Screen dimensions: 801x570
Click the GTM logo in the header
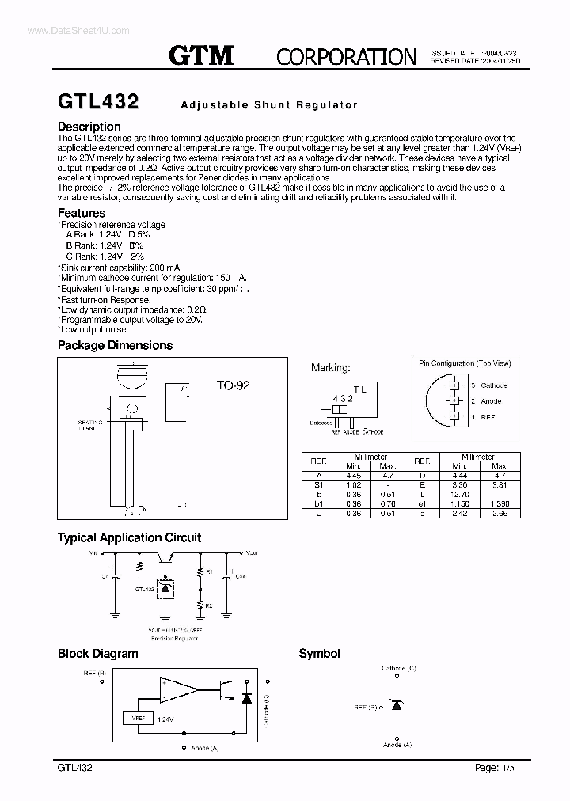click(x=202, y=55)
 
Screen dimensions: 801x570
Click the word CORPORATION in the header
click(x=346, y=57)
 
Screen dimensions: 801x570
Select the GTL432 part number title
click(x=98, y=102)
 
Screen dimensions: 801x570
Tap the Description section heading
click(x=89, y=127)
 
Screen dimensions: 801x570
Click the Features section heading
click(x=82, y=213)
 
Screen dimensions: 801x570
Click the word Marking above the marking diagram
click(x=330, y=367)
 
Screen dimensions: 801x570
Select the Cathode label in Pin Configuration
click(x=494, y=385)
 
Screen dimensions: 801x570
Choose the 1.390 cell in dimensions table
click(x=500, y=504)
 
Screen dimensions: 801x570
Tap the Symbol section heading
click(x=319, y=654)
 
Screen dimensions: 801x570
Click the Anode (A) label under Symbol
click(x=397, y=745)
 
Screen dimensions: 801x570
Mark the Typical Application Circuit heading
click(x=129, y=537)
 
